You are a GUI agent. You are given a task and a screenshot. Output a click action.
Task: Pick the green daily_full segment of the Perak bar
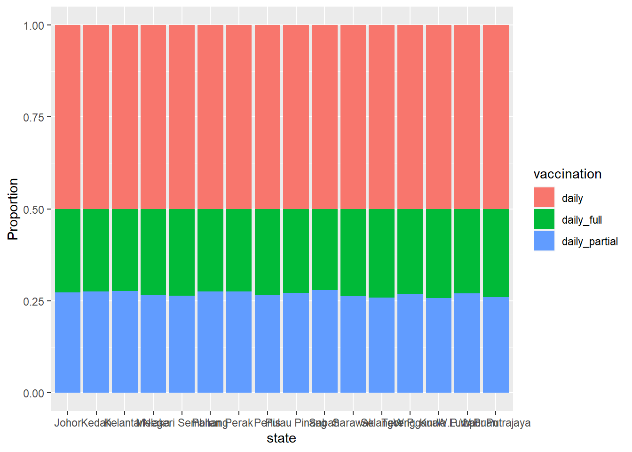click(239, 250)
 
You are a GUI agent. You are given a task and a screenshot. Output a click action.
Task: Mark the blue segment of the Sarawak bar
click(353, 344)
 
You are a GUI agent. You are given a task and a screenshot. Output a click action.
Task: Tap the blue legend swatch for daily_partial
click(544, 241)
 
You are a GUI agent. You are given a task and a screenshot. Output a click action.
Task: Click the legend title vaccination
click(568, 174)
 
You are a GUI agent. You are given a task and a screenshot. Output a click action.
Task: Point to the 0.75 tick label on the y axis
click(33, 117)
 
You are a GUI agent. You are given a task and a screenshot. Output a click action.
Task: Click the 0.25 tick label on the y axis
click(33, 301)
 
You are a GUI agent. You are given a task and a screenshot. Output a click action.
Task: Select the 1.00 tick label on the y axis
click(33, 25)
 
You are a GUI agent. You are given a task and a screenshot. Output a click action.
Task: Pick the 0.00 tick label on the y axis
click(33, 393)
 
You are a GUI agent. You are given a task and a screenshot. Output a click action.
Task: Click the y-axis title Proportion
click(13, 209)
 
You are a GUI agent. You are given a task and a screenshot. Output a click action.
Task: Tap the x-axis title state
click(281, 438)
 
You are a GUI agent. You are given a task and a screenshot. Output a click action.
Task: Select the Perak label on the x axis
click(239, 423)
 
